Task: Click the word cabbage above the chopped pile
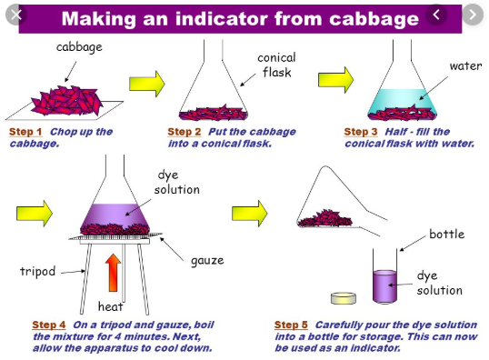click(79, 47)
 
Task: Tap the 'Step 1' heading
click(25, 132)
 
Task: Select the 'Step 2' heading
click(185, 132)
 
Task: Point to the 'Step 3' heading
click(361, 132)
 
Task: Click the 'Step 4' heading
click(49, 325)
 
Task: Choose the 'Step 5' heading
click(291, 325)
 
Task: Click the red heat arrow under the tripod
click(113, 273)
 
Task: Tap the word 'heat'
click(110, 306)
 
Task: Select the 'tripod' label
click(38, 272)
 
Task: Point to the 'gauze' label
click(207, 261)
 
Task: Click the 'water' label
click(465, 66)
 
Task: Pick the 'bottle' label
click(447, 234)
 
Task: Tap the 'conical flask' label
click(276, 65)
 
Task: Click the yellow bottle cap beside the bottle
click(344, 298)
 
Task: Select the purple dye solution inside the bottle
click(384, 286)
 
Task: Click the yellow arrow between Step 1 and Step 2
click(147, 84)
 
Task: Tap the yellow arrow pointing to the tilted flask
click(249, 214)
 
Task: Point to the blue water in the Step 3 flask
click(403, 99)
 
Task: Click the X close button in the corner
click(16, 15)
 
